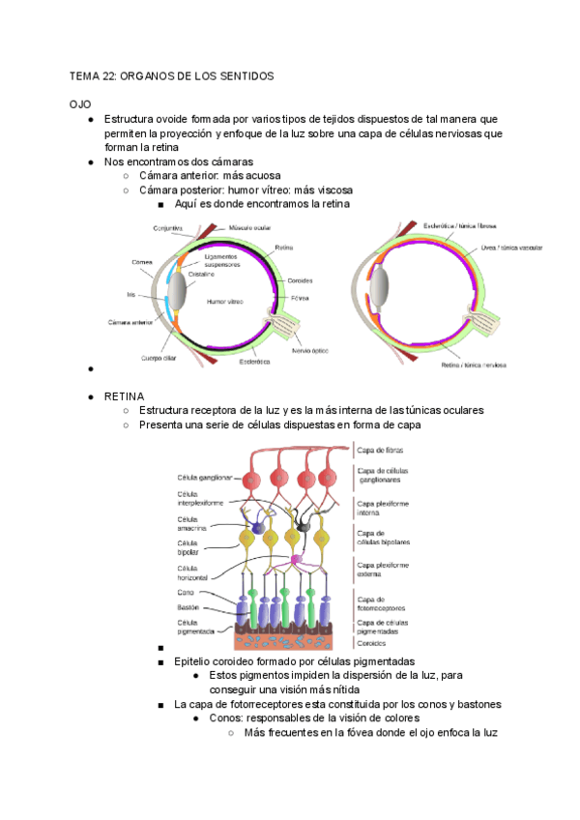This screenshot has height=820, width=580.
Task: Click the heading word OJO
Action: [78, 102]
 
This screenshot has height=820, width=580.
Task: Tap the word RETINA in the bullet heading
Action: [124, 396]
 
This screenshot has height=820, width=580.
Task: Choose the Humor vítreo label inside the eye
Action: [223, 302]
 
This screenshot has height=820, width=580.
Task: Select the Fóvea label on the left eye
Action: [300, 298]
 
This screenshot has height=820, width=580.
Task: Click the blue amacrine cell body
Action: [258, 528]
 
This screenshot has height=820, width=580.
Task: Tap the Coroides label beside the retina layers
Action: [371, 642]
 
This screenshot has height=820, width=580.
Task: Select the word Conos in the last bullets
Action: [225, 718]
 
